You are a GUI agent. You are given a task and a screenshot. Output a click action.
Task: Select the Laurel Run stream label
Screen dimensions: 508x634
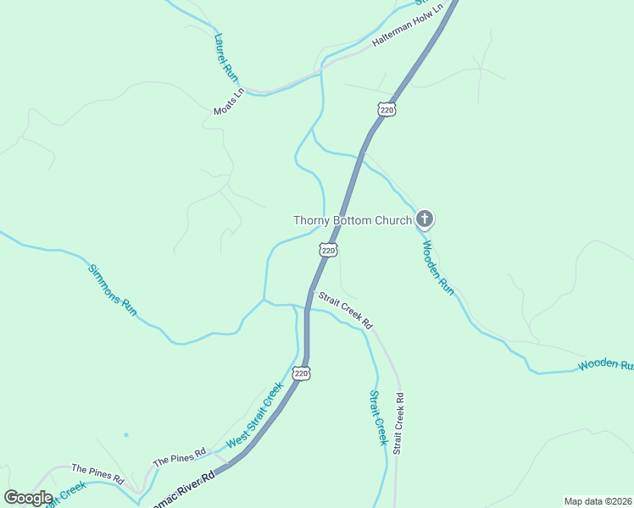click(x=225, y=57)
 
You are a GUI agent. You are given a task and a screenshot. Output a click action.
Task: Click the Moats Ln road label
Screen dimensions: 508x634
click(x=229, y=102)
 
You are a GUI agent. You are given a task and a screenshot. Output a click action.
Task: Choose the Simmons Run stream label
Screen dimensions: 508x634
click(x=113, y=290)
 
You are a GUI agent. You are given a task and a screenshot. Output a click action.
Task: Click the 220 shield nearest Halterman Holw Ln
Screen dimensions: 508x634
click(x=387, y=109)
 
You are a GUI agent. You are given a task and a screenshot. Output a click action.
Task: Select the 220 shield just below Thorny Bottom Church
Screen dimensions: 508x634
click(x=329, y=250)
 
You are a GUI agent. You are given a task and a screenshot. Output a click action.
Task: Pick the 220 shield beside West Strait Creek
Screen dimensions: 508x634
click(x=302, y=373)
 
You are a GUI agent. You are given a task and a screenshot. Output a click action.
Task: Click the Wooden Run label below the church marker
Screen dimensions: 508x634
click(x=438, y=268)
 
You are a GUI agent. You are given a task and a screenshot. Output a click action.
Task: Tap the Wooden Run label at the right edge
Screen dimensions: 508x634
click(x=605, y=365)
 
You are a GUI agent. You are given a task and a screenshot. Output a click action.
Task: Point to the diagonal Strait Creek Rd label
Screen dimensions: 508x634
click(x=345, y=310)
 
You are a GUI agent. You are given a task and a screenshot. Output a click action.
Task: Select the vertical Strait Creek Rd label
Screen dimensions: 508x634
click(x=399, y=422)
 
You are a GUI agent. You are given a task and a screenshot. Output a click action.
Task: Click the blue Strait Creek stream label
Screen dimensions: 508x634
click(x=378, y=417)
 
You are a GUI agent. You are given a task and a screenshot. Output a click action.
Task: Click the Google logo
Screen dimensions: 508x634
click(x=28, y=498)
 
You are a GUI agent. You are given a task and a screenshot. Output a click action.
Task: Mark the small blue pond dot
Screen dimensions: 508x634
click(x=125, y=435)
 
